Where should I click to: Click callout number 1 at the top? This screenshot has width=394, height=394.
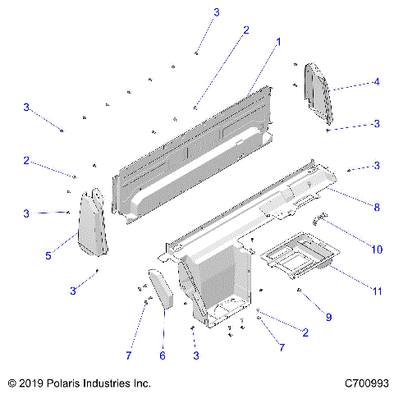(278, 41)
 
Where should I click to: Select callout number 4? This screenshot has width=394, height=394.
(376, 82)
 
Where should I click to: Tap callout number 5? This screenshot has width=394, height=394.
(48, 256)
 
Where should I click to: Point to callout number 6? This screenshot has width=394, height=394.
(162, 355)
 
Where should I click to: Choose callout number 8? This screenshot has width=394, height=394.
(377, 208)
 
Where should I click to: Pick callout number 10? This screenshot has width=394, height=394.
(377, 249)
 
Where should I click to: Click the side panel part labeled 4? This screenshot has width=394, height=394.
(317, 89)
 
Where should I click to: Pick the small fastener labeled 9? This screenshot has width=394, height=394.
(300, 291)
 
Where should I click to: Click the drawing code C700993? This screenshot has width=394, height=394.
(366, 383)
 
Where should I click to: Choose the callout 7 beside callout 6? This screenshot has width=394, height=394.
(128, 355)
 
